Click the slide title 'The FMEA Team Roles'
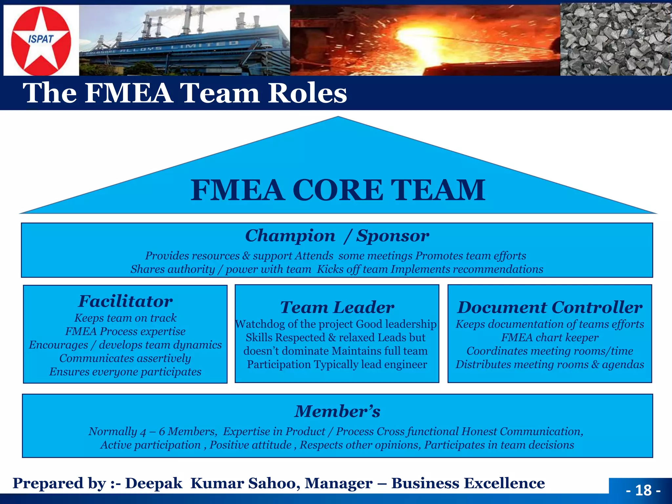pos(185,93)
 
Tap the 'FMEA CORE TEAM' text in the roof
pos(338,190)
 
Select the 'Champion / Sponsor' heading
pos(337,236)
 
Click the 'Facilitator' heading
pos(125,301)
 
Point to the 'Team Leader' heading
pos(337,307)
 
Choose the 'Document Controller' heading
pos(550,307)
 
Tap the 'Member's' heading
pos(337,411)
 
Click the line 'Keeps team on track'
pos(125,318)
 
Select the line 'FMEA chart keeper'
pos(550,338)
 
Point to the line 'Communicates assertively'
pos(125,358)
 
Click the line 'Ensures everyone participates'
pos(125,372)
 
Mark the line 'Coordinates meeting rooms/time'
pos(550,351)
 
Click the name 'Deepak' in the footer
pos(154,483)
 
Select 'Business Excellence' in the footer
pos(468,483)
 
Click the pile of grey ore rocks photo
pos(616,39)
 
